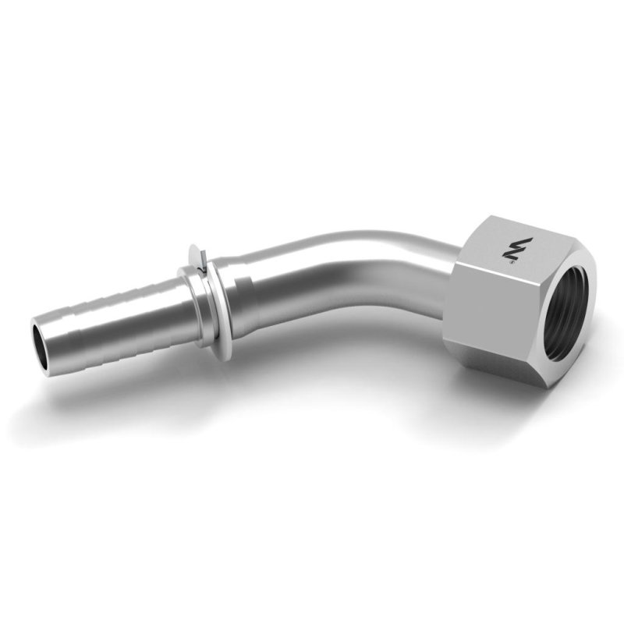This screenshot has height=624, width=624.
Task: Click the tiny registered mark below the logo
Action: tap(512, 262)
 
